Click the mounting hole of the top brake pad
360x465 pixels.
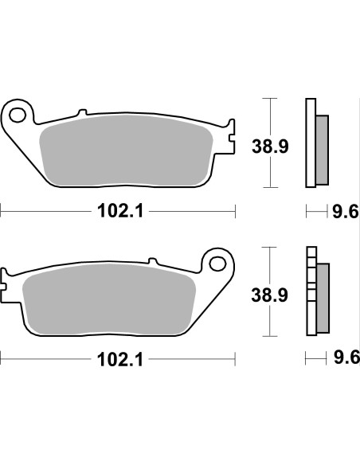point(19,113)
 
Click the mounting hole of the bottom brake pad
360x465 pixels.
point(216,262)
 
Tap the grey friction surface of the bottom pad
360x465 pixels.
point(112,302)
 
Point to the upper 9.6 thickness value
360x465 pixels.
point(343,212)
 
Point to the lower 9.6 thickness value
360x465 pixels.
point(343,359)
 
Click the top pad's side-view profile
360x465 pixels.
point(315,143)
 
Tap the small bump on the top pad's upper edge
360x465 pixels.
point(80,112)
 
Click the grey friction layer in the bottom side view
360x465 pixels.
point(322,298)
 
